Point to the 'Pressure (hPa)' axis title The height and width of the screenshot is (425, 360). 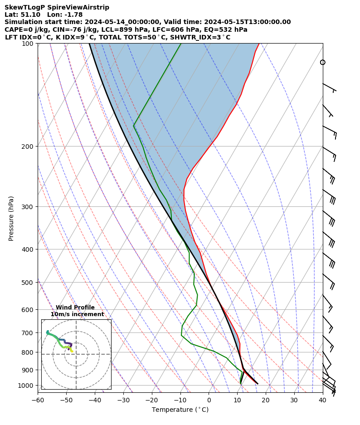click(x=11, y=218)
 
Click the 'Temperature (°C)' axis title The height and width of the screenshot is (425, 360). click(x=180, y=410)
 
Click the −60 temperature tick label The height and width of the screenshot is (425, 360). click(x=38, y=400)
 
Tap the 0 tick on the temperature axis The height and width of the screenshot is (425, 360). click(x=209, y=400)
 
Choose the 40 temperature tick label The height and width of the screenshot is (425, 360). click(x=322, y=400)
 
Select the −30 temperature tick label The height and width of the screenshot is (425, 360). click(x=123, y=400)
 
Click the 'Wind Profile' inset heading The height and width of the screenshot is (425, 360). click(x=75, y=308)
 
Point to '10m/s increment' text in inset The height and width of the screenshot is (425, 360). click(x=77, y=314)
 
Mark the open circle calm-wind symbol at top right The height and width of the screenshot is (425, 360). click(x=323, y=62)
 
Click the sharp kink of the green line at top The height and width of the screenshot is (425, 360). click(x=134, y=126)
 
